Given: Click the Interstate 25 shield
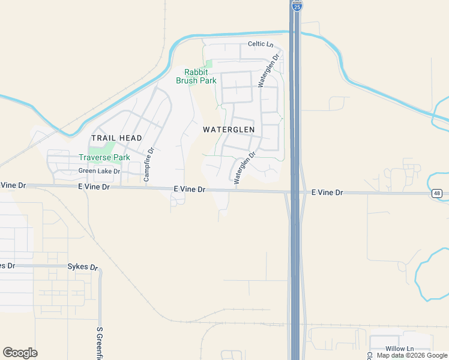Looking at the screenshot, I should coord(297,5).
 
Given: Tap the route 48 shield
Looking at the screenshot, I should coord(437,193).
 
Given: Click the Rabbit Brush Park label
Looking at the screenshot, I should coord(196,76).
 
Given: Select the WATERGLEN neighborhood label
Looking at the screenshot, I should coord(229,130).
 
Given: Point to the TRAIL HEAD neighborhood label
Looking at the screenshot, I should coord(116,138).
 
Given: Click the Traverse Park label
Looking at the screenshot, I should coord(104,158).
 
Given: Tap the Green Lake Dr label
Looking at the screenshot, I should coord(100,171).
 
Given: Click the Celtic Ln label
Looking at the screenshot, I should coord(261,44).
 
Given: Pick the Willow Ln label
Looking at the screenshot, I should coord(400,349).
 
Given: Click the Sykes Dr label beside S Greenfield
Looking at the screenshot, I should coord(82,266).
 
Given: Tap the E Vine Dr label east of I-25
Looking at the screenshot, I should coord(327,193).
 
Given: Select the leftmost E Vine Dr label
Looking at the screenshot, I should coord(13,185).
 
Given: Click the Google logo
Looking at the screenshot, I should coord(20,353).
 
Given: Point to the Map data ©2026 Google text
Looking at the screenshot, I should coord(412,355).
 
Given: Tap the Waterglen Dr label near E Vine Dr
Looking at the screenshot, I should coord(244,167).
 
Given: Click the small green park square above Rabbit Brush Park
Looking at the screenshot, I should coord(208,64).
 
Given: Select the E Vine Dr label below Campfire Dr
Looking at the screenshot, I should coord(94,187).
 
